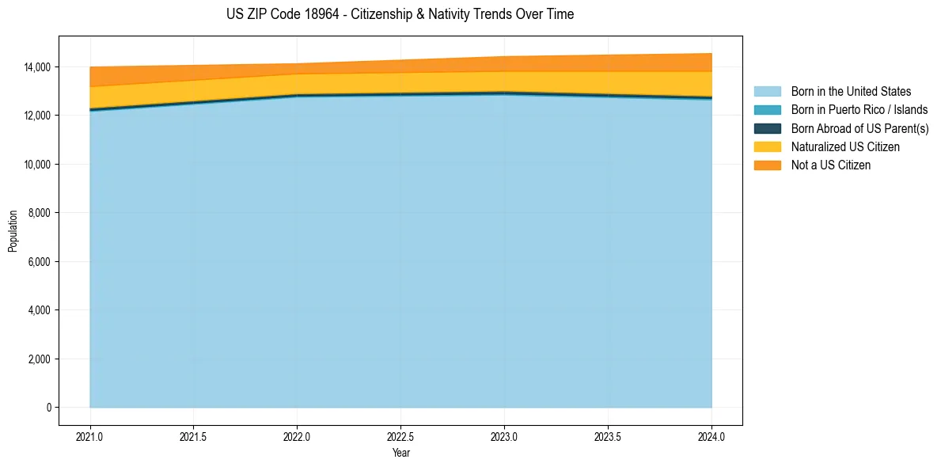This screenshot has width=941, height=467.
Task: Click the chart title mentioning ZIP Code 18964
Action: click(x=400, y=14)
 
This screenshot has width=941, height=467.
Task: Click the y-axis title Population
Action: click(x=13, y=231)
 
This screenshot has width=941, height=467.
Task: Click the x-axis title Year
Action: click(x=400, y=453)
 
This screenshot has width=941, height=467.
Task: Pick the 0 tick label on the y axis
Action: click(x=48, y=408)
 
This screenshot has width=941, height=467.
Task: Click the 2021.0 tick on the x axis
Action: click(x=90, y=435)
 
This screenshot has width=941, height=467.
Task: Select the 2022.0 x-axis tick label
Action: click(x=297, y=435)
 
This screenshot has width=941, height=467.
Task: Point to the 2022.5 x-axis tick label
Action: click(x=400, y=435)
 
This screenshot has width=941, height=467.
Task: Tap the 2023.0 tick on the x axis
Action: click(x=504, y=435)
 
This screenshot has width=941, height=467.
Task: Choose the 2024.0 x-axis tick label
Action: click(x=711, y=435)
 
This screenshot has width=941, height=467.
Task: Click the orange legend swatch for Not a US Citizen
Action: click(x=767, y=165)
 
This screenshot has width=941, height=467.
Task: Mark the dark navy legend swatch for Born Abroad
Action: click(x=767, y=128)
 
